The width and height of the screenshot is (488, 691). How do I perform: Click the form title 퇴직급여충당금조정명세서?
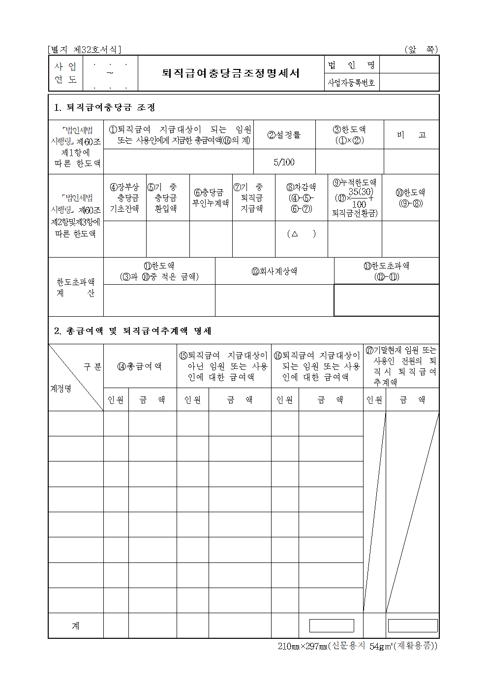pyautogui.click(x=231, y=73)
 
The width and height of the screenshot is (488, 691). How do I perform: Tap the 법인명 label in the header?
pyautogui.click(x=351, y=65)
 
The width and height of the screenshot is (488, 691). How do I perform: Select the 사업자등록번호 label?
pyautogui.click(x=351, y=83)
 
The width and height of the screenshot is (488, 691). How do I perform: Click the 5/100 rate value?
pyautogui.click(x=284, y=162)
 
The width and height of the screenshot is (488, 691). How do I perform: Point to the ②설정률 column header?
pyautogui.click(x=284, y=135)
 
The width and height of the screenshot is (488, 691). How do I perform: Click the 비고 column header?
pyautogui.click(x=411, y=135)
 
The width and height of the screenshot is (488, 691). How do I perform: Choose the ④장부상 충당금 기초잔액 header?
pyautogui.click(x=124, y=197)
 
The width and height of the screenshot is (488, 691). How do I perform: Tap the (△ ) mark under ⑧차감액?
pyautogui.click(x=301, y=234)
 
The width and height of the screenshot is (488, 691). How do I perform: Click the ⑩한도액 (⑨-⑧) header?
pyautogui.click(x=410, y=197)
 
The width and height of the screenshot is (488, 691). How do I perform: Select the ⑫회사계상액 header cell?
pyautogui.click(x=274, y=271)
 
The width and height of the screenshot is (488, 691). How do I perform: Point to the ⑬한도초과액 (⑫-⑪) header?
pyautogui.click(x=387, y=271)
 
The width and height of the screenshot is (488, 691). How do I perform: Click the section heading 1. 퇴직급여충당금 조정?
pyautogui.click(x=105, y=107)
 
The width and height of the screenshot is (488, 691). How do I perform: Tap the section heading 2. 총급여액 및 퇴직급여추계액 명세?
pyautogui.click(x=133, y=331)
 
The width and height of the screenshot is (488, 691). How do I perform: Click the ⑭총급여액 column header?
pyautogui.click(x=140, y=366)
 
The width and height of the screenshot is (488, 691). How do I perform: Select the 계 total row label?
pyautogui.click(x=76, y=626)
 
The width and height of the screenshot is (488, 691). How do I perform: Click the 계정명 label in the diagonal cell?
pyautogui.click(x=61, y=389)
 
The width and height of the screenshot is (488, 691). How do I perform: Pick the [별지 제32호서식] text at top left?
pyautogui.click(x=84, y=50)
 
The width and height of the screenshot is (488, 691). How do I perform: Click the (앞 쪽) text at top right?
pyautogui.click(x=421, y=50)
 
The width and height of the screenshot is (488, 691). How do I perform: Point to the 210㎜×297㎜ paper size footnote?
pyautogui.click(x=357, y=646)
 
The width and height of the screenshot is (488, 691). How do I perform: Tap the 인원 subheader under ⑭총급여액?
pyautogui.click(x=116, y=400)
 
